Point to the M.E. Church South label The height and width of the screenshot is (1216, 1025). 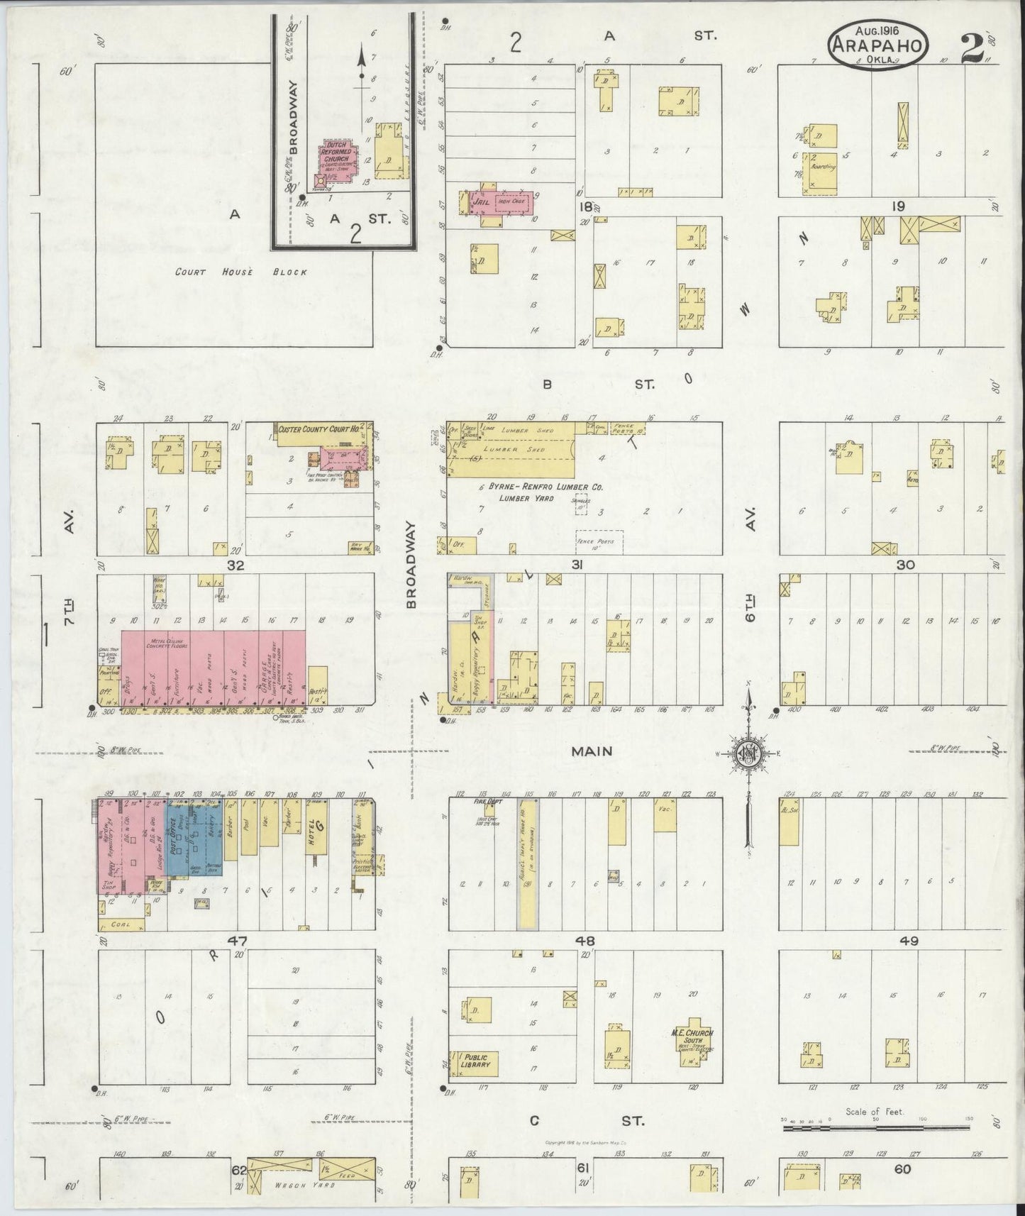click(x=693, y=1037)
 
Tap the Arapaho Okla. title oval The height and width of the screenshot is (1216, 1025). click(x=878, y=43)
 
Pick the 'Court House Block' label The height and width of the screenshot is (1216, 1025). click(x=241, y=272)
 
